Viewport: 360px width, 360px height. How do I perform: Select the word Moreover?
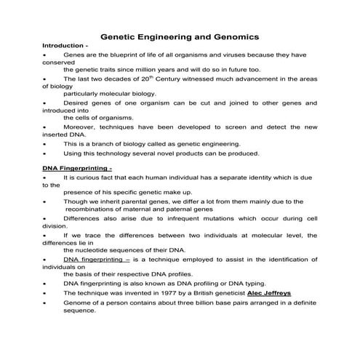point(80,127)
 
